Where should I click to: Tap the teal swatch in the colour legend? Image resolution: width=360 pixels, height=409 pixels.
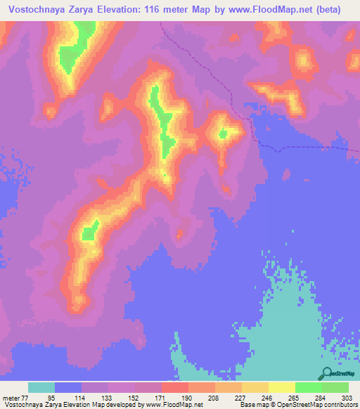click(41, 387)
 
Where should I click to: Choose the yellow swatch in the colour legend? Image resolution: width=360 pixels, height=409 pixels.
click(281, 387)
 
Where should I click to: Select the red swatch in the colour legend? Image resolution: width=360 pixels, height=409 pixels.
click(174, 387)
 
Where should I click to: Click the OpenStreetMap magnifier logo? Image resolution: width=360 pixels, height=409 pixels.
click(327, 374)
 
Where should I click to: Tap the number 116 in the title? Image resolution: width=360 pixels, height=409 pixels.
click(158, 9)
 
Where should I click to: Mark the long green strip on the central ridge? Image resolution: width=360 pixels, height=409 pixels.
click(164, 123)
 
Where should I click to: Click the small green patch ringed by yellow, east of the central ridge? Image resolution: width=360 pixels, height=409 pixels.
click(223, 133)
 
